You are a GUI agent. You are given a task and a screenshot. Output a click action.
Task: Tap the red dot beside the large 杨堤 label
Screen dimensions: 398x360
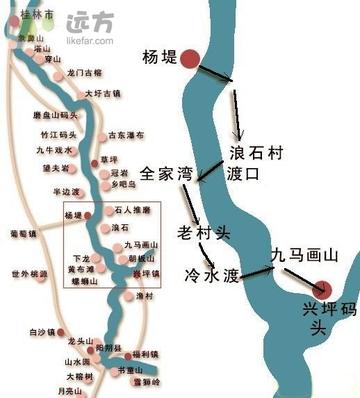pyautogui.click(x=191, y=59)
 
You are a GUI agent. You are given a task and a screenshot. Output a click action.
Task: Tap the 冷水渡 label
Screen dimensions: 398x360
pyautogui.click(x=210, y=272)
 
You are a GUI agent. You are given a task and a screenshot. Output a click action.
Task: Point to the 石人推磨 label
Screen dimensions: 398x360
pyautogui.click(x=133, y=210)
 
